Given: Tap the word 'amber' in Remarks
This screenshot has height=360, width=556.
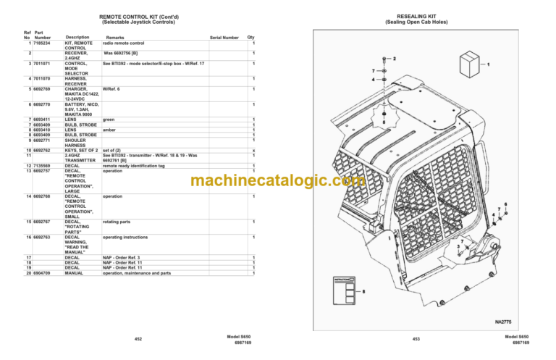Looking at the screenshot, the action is [109, 129].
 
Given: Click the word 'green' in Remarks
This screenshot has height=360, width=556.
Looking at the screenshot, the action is [109, 119].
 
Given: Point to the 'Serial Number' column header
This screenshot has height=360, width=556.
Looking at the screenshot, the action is [224, 38].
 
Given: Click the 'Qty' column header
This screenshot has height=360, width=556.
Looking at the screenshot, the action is [251, 38].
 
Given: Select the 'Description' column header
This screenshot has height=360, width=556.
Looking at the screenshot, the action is [77, 38].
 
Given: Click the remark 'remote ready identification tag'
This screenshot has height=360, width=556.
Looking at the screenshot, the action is [133, 166].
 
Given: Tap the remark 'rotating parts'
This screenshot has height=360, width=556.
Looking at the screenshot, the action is [117, 221].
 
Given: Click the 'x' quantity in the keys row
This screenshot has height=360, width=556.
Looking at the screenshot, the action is [253, 150].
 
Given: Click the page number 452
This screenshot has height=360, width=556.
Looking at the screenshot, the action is [138, 338].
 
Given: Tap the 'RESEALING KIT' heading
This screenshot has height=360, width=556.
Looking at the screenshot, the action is [417, 16].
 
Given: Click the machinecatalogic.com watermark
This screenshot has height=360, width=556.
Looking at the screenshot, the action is [278, 181].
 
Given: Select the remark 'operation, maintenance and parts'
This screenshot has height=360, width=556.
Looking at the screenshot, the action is [137, 274].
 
